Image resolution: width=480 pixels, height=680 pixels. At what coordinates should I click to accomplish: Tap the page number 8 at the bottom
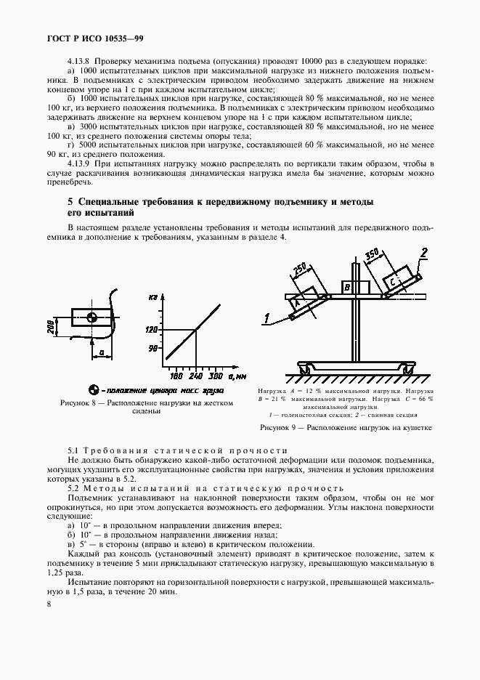point(49,604)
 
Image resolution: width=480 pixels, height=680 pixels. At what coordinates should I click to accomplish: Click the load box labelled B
point(348,288)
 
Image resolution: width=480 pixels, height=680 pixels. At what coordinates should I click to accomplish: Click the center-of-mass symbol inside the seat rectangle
point(91,317)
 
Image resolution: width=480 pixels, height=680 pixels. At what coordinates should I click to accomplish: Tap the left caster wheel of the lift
point(306,371)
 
